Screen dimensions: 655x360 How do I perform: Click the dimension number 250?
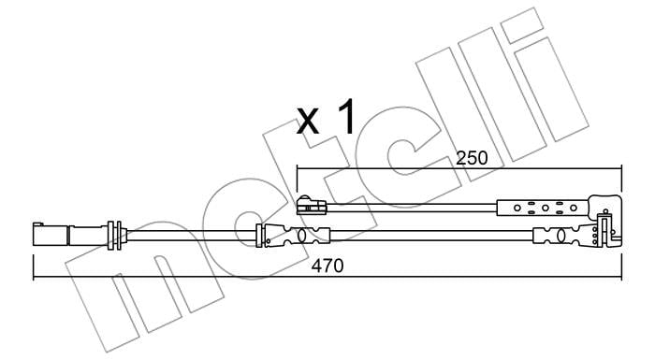click(x=472, y=158)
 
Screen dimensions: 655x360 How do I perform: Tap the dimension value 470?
click(x=327, y=266)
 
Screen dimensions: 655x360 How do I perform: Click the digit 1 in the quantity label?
click(x=346, y=117)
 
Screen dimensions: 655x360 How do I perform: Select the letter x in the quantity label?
click(x=308, y=121)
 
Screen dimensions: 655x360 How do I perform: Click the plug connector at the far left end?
click(x=51, y=235)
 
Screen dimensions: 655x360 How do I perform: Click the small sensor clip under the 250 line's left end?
click(x=312, y=206)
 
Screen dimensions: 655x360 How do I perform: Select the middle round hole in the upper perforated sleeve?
click(x=546, y=208)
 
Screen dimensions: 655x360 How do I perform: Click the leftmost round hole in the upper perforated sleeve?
click(x=517, y=208)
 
